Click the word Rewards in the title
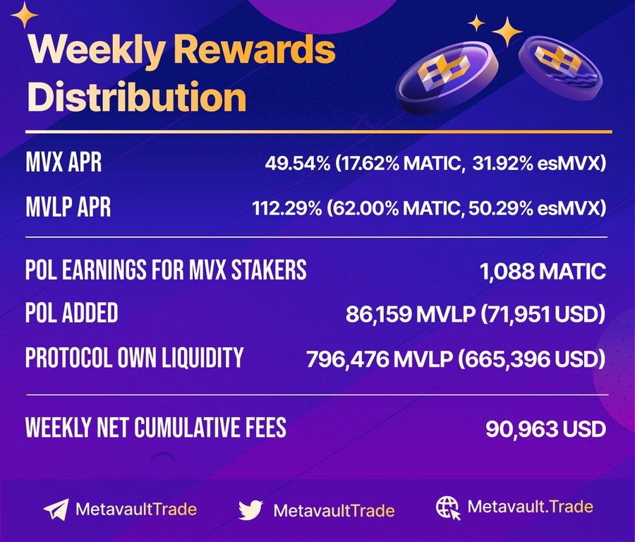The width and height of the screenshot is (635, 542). point(254,50)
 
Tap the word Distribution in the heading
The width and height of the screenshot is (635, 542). point(137,97)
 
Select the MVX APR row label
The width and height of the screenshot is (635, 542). point(64,163)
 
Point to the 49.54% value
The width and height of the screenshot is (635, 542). point(298,164)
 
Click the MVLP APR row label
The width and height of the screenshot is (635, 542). point(68,207)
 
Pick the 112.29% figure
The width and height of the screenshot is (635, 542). point(287,208)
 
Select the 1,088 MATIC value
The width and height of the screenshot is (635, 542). point(543,271)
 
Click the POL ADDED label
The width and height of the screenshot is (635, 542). point(72,313)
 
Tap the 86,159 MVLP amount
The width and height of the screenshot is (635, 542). point(411,314)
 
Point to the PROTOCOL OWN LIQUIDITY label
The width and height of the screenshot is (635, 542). point(134,358)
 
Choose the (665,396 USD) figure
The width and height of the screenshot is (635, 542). point(532,359)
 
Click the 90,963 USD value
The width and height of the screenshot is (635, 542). point(545,429)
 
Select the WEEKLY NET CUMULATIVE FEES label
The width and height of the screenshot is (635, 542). point(155,428)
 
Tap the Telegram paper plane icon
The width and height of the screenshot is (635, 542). point(56,510)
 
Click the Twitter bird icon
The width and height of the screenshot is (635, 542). point(250,510)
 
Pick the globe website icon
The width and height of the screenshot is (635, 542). point(448,508)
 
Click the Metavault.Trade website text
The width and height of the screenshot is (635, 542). point(530,506)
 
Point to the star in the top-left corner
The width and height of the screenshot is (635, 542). point(24,15)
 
